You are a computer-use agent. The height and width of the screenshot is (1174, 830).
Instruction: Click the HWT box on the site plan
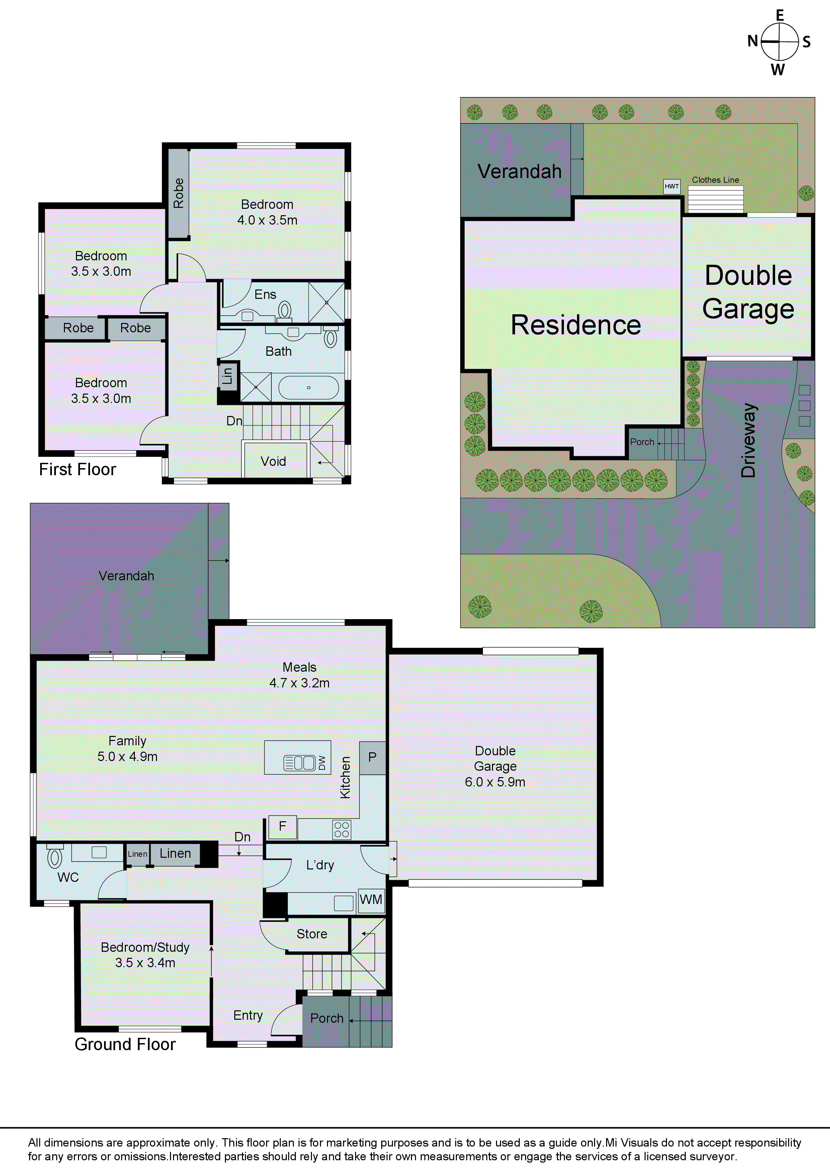coord(671,186)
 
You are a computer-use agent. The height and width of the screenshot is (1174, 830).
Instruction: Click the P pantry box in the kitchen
coord(372,757)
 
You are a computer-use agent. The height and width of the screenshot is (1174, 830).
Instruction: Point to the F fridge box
coord(282,826)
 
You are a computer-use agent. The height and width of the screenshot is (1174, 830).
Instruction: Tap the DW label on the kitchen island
coord(322,763)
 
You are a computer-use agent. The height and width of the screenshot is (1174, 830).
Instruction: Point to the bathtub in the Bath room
coord(308,388)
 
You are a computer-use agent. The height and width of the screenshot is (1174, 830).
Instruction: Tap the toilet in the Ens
coord(285,310)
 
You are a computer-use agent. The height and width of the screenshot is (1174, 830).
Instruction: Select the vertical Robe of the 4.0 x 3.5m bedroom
coord(178,193)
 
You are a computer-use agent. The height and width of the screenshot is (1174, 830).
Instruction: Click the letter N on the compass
coord(752,41)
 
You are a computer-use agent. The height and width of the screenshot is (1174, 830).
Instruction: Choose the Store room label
coord(312,934)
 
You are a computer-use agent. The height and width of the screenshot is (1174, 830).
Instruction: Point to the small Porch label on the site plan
coord(642,442)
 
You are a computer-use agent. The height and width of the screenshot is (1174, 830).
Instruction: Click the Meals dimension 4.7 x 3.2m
coord(299,683)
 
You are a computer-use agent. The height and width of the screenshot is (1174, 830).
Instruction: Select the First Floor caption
coord(78,470)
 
